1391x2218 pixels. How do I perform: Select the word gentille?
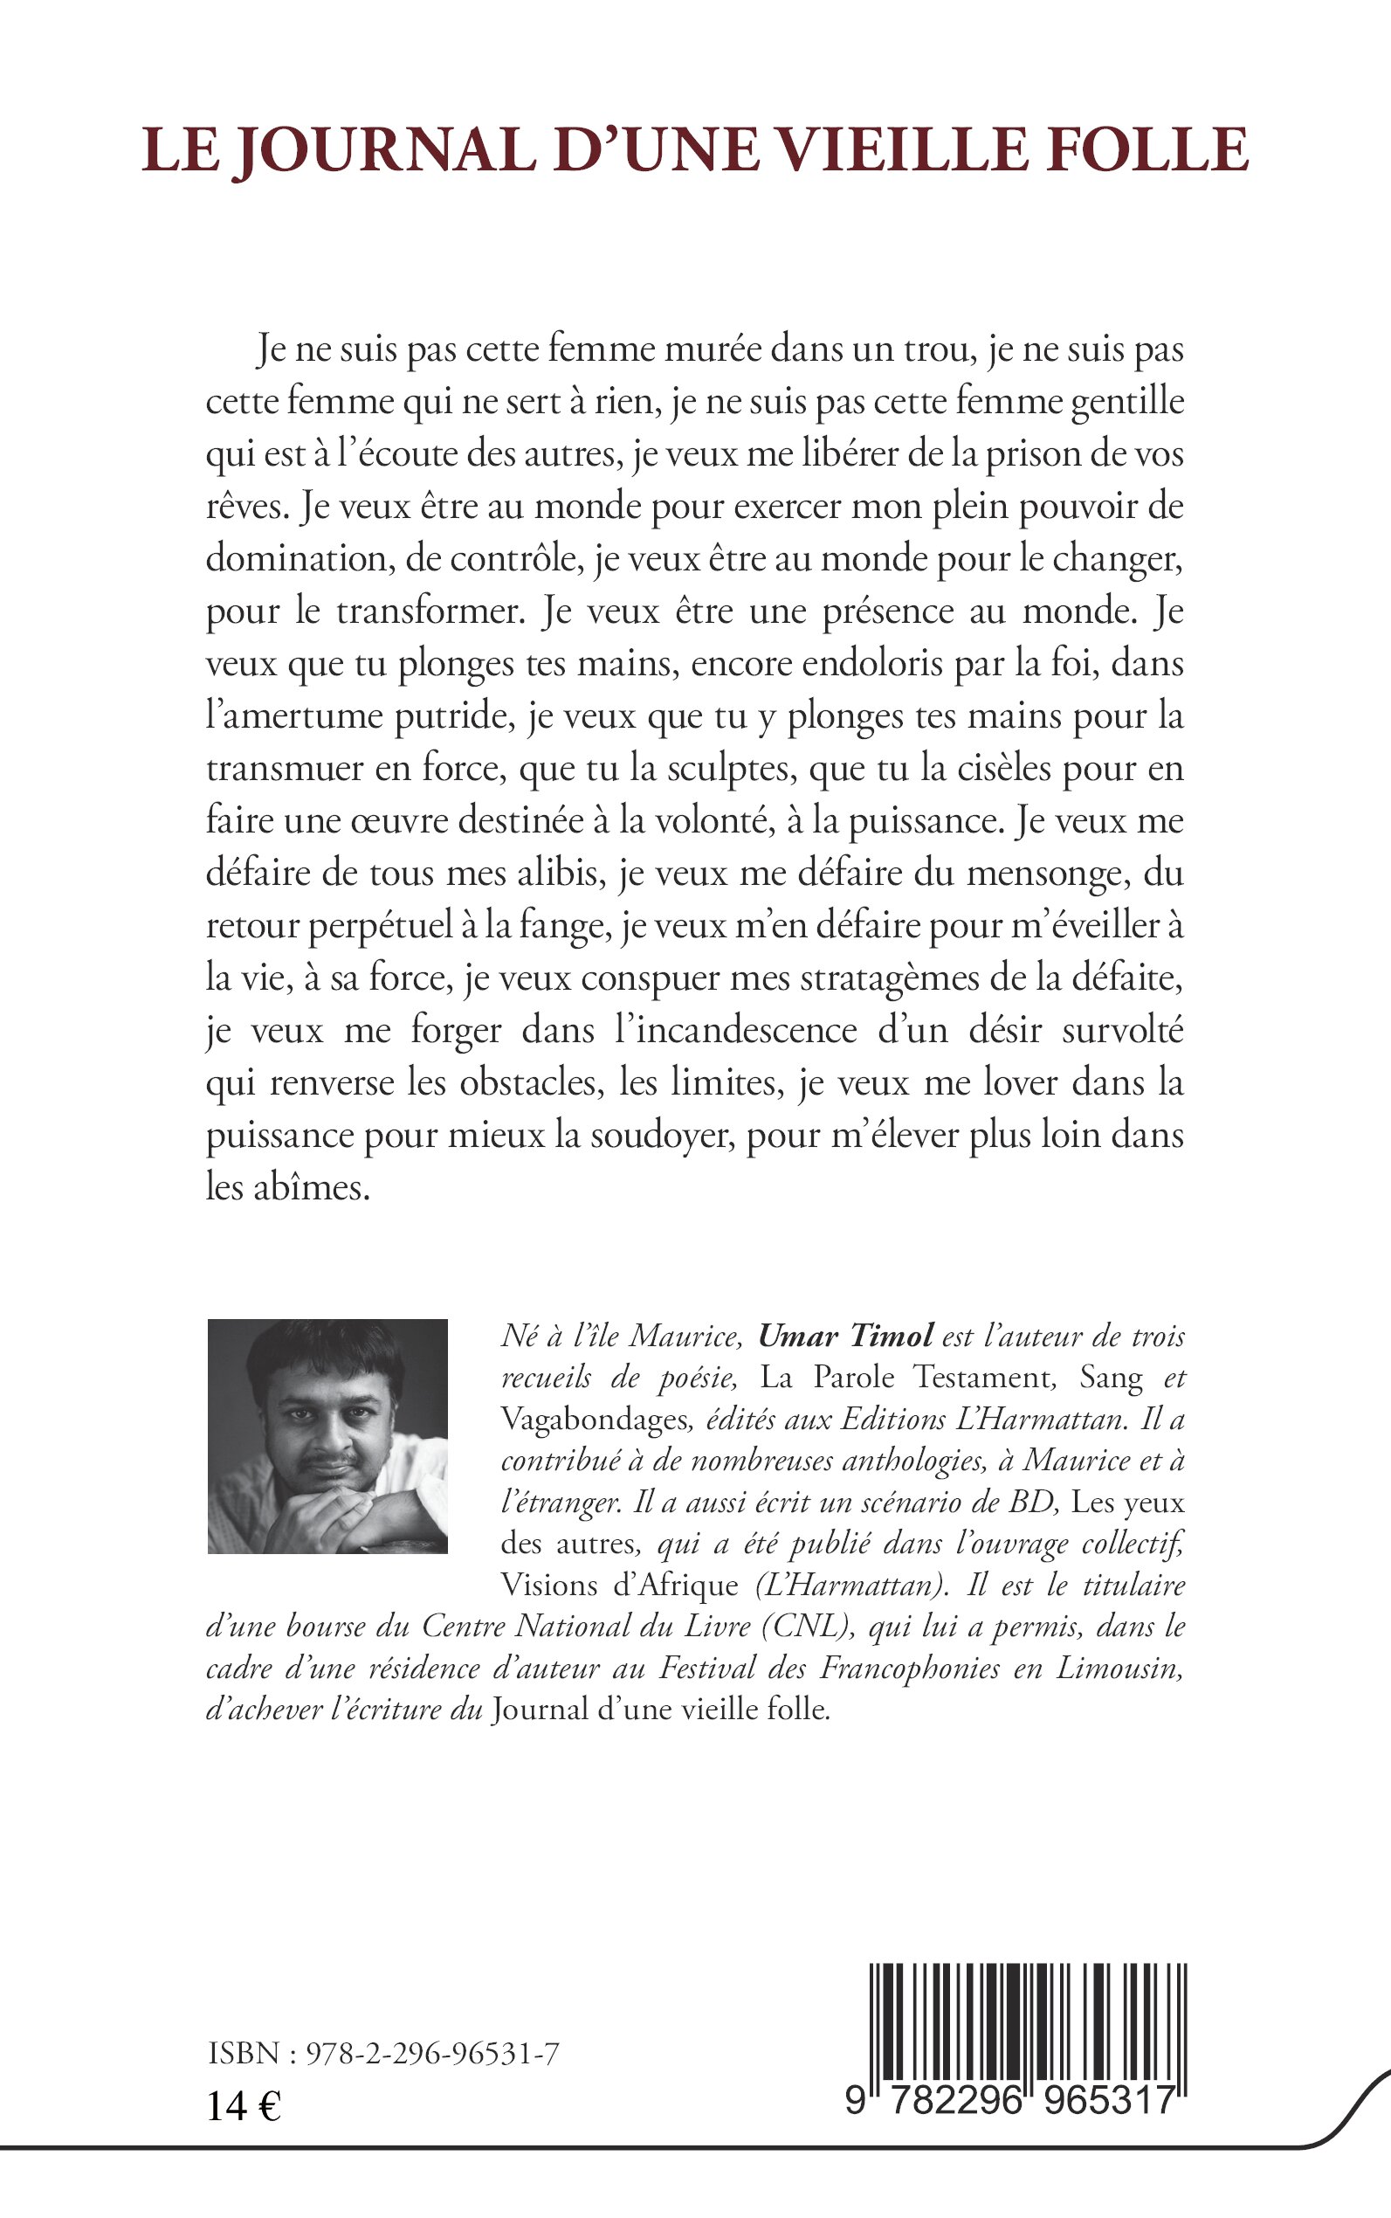1127,403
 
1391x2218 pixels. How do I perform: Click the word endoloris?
863,665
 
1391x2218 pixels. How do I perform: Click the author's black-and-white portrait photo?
327,1437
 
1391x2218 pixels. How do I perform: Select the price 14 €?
244,2105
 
